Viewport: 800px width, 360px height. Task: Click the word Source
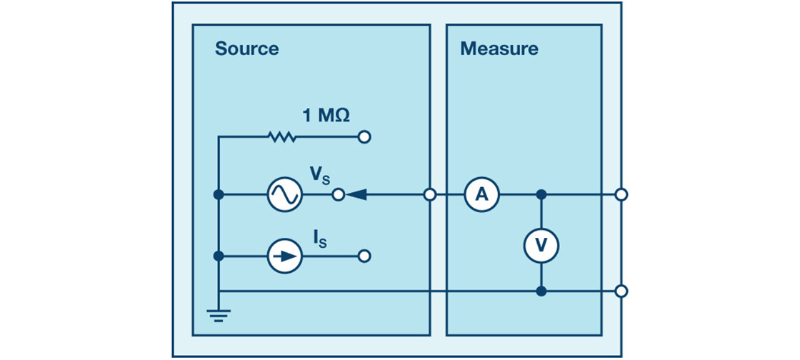tap(246, 49)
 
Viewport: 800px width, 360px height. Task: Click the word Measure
tap(499, 49)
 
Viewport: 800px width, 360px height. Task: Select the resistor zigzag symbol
tap(282, 136)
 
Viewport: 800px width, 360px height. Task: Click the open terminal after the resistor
tap(364, 136)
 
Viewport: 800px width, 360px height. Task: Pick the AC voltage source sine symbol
tap(284, 194)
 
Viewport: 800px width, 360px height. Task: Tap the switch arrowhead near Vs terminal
tap(356, 194)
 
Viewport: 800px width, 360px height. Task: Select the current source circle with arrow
tap(284, 256)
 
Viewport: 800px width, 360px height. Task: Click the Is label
tap(318, 237)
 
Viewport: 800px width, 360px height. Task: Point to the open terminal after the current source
tap(364, 256)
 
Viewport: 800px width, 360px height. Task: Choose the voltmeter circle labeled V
tap(541, 245)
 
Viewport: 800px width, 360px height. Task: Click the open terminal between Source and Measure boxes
tap(430, 194)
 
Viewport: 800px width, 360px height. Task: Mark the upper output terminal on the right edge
tap(621, 194)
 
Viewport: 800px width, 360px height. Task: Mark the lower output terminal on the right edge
tap(621, 291)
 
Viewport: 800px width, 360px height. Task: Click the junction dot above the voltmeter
tap(541, 194)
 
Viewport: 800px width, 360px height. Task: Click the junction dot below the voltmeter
tap(541, 291)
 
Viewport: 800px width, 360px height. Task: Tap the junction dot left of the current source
tap(219, 256)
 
